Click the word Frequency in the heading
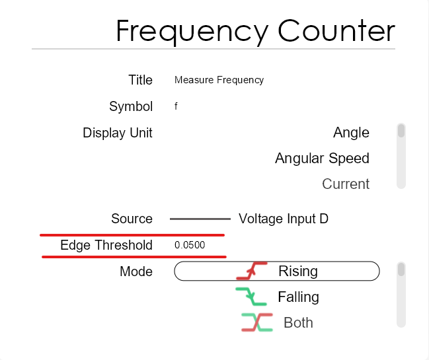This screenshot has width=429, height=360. (192, 32)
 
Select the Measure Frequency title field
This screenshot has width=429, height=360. (219, 80)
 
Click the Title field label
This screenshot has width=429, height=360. (140, 80)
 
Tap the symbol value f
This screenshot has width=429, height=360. (176, 106)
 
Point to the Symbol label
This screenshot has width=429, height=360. (131, 106)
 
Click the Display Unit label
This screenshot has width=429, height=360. (118, 133)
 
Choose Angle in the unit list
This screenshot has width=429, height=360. (351, 133)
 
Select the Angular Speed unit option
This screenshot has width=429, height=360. (323, 159)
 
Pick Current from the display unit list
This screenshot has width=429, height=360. (346, 184)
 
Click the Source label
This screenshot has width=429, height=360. (132, 219)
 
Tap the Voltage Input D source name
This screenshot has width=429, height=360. (284, 219)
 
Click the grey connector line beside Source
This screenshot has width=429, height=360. (200, 219)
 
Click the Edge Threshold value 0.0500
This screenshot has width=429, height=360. (190, 245)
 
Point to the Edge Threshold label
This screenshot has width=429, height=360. (106, 245)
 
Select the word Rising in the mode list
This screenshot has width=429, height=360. (298, 271)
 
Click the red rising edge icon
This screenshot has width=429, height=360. (252, 271)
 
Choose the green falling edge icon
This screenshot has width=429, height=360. (251, 297)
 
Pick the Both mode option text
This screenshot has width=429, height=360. (298, 322)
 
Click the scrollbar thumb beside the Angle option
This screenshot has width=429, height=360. (401, 130)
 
